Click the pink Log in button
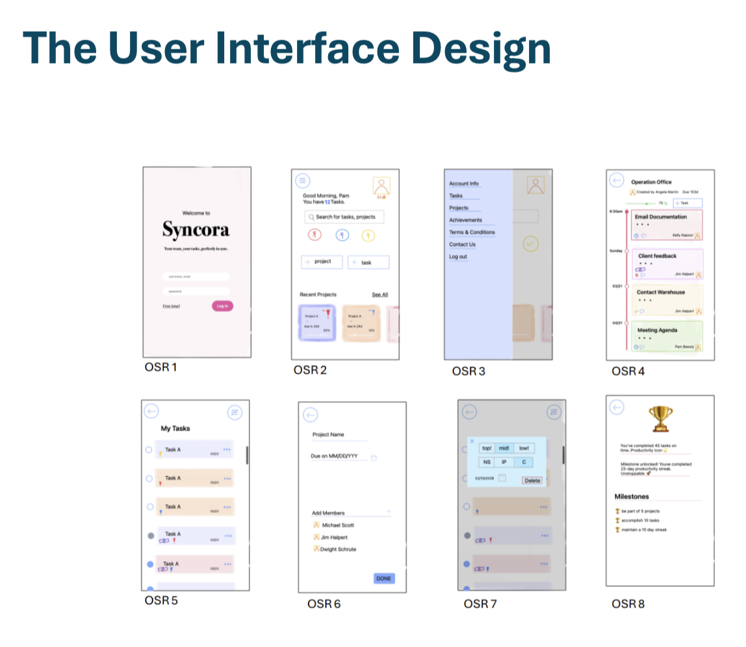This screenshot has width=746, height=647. coord(222,306)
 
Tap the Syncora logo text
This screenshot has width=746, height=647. coord(196,230)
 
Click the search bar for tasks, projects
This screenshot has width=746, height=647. coord(343,217)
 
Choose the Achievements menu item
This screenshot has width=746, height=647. coord(465,220)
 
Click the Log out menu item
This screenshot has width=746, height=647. coord(458,257)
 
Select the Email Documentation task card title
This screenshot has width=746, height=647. coord(661,217)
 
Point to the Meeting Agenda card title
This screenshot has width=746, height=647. coord(657,330)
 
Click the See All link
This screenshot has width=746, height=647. coord(379,295)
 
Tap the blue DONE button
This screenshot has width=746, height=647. coord(384,578)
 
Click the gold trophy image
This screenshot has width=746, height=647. coord(660,419)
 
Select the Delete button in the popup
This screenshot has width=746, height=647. coord(532,480)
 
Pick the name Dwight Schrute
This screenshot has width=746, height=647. coord(338,549)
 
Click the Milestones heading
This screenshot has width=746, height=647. coord(632,496)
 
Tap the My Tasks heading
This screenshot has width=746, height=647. coord(175,428)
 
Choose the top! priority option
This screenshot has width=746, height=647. coord(487,448)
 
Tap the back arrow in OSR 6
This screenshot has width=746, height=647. coord(311,415)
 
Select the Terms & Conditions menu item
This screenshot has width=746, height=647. coord(472,232)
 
